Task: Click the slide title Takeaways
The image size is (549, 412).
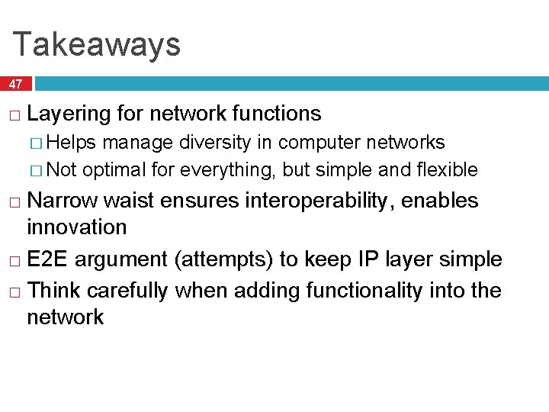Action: (97, 44)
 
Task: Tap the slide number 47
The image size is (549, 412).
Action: (16, 84)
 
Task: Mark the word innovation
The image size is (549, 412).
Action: (76, 227)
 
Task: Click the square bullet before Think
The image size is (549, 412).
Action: (15, 291)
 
